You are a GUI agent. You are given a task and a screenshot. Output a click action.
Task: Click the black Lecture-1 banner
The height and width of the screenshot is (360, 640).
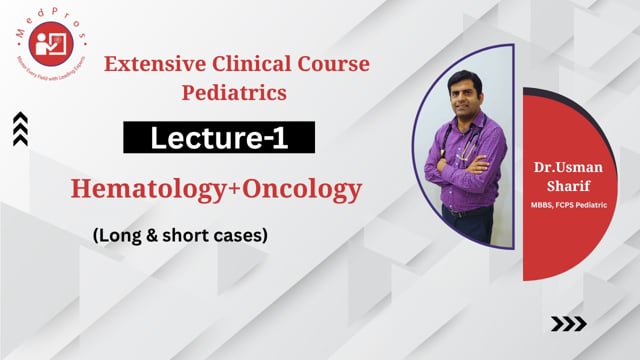point(219,138)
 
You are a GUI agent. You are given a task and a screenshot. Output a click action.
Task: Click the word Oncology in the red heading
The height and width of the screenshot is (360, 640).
point(311,188)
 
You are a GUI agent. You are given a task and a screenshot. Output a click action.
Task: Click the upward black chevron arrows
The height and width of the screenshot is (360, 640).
point(20,129)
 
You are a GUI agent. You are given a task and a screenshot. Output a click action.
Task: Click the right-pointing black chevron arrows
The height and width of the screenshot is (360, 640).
point(569,323)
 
